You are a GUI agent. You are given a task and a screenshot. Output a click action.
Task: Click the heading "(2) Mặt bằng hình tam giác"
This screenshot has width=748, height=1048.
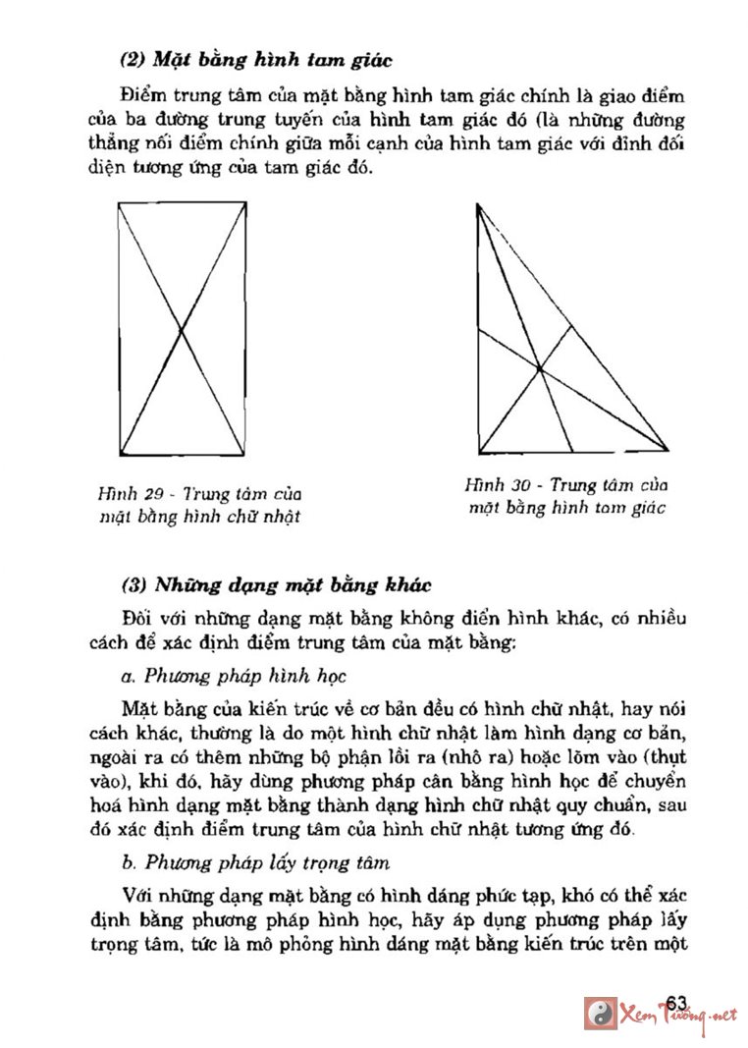coord(255,60)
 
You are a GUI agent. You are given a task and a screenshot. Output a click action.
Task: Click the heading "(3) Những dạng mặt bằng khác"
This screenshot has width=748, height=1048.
coord(276,586)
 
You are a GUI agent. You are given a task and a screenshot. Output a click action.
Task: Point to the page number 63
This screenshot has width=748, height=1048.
coord(675,1001)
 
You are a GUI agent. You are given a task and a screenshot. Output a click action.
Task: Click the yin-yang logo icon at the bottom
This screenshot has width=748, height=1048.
coord(600,1014)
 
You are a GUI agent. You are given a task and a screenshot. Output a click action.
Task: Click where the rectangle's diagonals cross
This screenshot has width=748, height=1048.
coord(181,328)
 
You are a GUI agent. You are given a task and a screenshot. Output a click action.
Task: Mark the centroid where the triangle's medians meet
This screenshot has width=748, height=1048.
coord(540,368)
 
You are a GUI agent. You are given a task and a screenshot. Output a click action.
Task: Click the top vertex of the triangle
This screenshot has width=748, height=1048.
coord(477,204)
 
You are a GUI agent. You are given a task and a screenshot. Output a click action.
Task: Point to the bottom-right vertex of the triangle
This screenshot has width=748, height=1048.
coord(669,452)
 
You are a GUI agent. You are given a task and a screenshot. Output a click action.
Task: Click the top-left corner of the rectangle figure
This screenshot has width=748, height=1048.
coord(119,202)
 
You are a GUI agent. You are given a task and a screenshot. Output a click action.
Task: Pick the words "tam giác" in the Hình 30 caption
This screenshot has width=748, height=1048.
coord(631,508)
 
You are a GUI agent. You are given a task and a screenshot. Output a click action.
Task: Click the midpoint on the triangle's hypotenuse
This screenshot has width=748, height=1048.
coord(573,327)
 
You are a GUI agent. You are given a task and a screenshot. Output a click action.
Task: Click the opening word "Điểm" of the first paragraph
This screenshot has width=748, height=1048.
coord(142,97)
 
